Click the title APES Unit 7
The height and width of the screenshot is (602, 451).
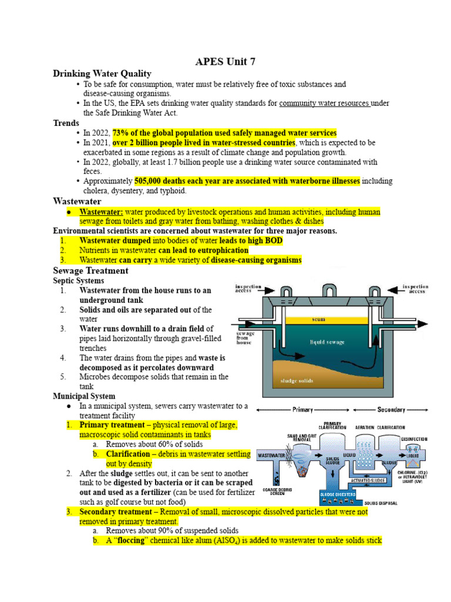coord(225,61)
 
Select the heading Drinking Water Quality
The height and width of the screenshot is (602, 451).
coord(102,73)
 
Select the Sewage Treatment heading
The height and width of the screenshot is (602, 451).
coord(90,270)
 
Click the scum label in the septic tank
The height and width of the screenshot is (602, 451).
coord(318,320)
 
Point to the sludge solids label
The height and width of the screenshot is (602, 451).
coord(297,380)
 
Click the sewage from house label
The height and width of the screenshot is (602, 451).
coord(244,337)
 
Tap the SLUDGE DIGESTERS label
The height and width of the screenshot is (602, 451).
coord(340,494)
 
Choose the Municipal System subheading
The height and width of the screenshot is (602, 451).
coord(84,396)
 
